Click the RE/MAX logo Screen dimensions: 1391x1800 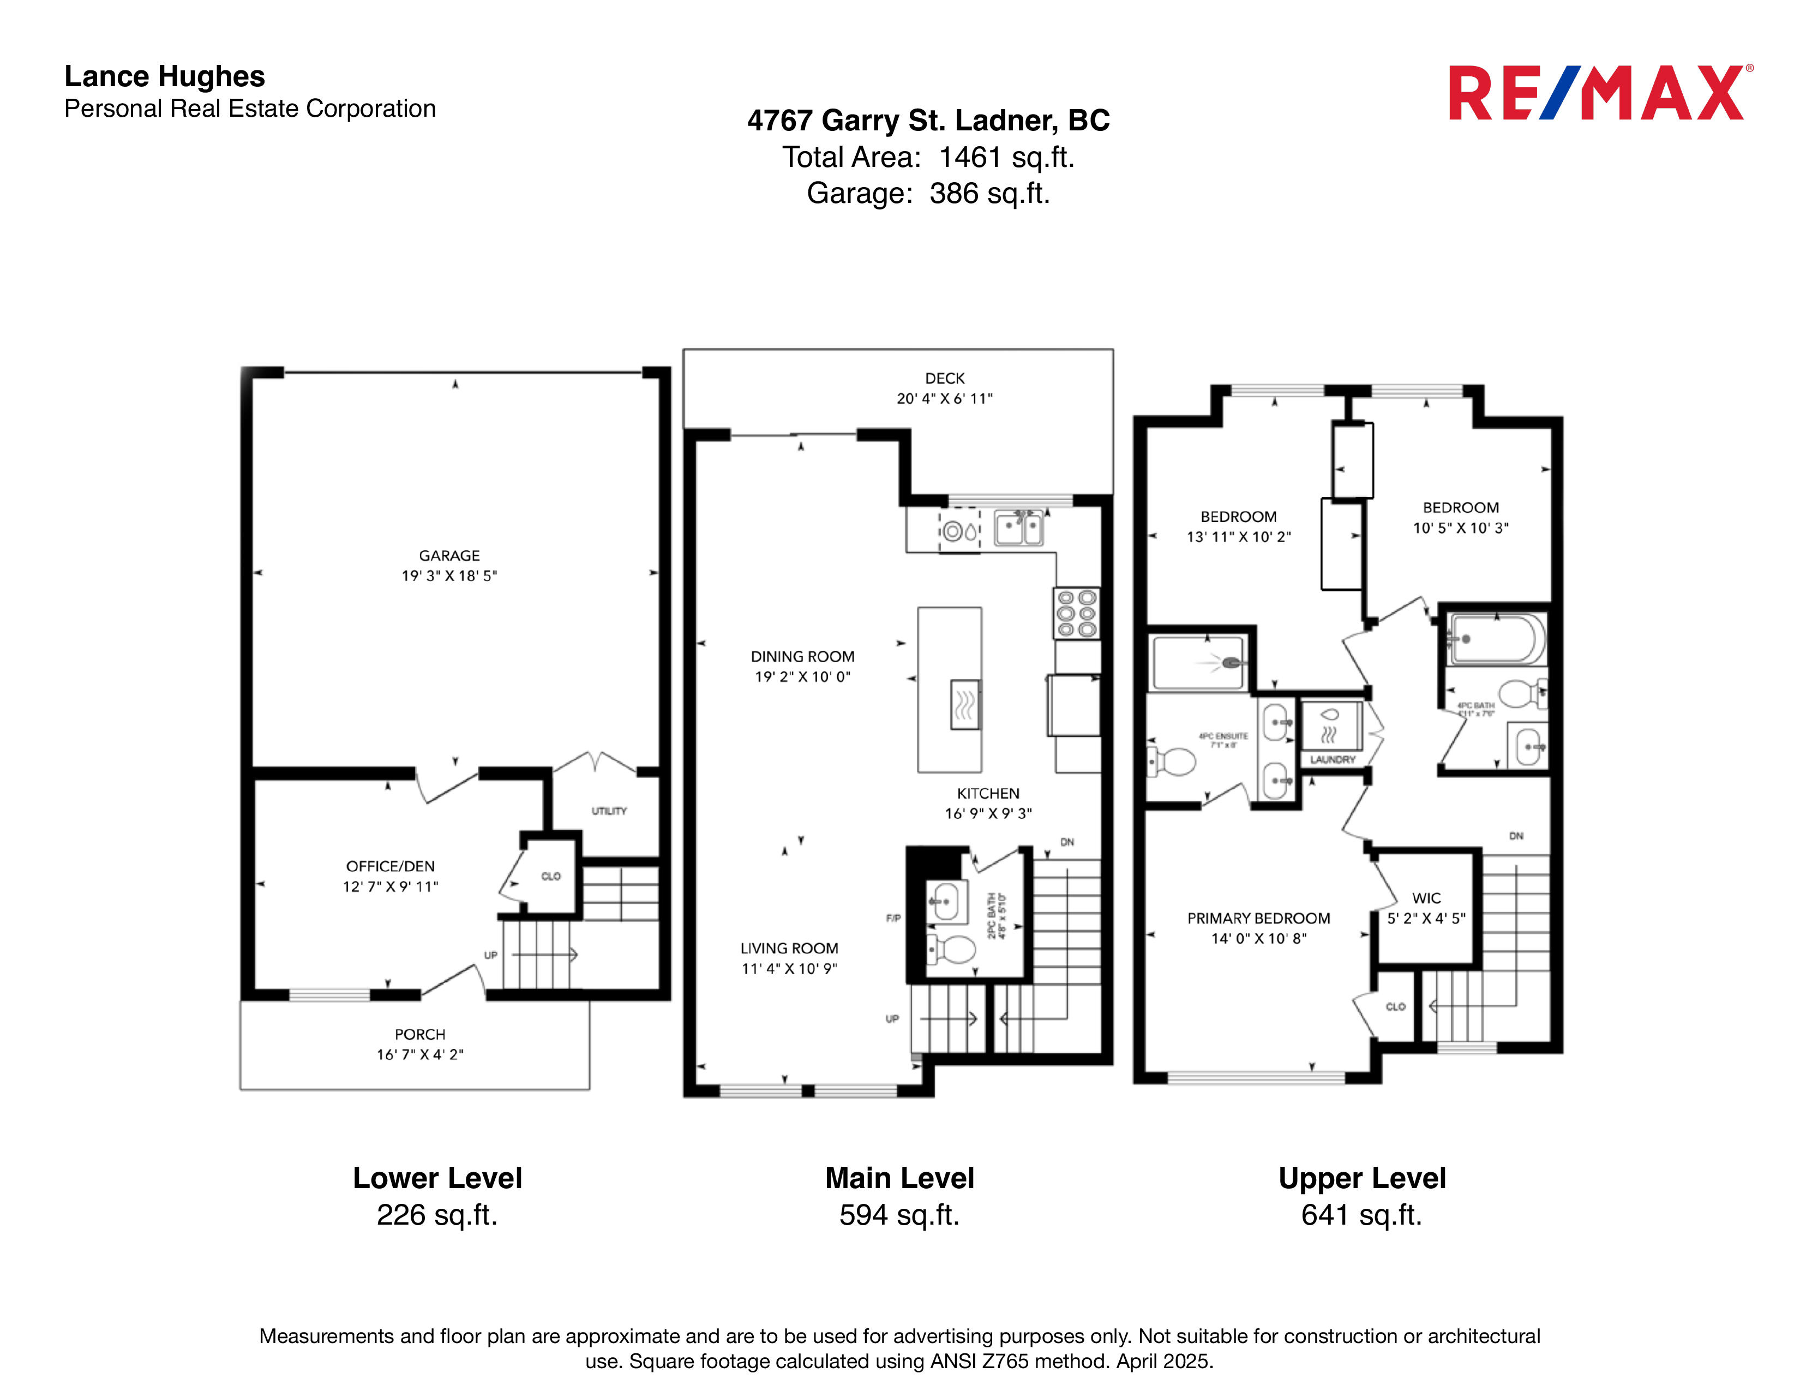tap(1599, 93)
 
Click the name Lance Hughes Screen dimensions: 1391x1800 tap(165, 76)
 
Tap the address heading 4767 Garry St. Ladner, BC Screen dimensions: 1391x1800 tap(928, 121)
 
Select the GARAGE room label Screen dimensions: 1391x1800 tap(449, 555)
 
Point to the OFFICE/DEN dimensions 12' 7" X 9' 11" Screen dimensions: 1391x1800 tap(391, 886)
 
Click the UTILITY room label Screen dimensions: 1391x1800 tap(609, 811)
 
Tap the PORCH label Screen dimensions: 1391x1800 tap(419, 1034)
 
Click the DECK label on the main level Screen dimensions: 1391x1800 tap(945, 378)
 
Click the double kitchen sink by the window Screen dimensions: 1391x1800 tap(1019, 528)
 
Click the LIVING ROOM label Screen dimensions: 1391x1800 tap(789, 949)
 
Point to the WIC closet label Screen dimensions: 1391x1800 tap(1427, 898)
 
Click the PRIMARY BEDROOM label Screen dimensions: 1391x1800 tap(1258, 918)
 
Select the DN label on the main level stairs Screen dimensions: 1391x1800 tap(1066, 842)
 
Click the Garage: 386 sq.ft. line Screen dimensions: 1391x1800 tap(928, 194)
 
